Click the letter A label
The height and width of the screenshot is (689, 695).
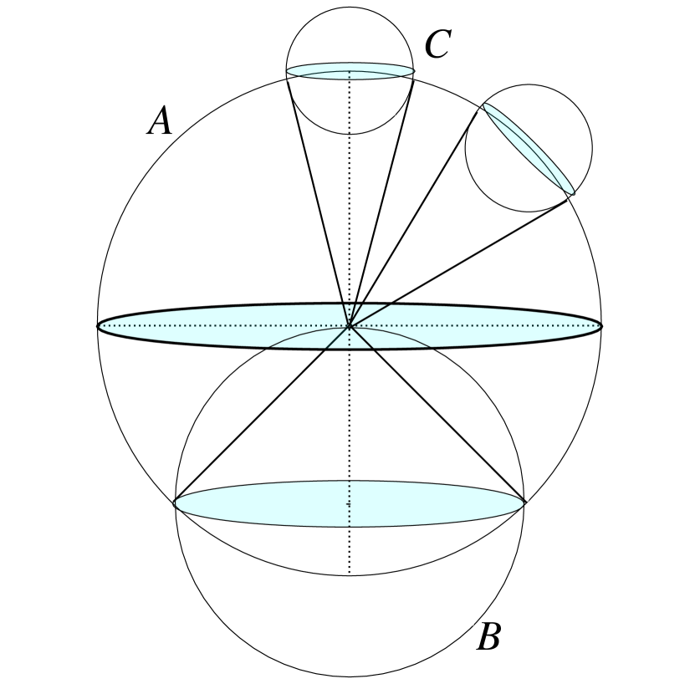(160, 123)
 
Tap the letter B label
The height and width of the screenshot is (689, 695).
(488, 638)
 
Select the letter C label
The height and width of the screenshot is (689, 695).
(437, 46)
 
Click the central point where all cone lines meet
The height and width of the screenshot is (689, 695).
(349, 325)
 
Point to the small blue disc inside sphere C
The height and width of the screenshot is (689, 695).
(350, 70)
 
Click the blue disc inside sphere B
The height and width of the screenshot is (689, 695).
(349, 503)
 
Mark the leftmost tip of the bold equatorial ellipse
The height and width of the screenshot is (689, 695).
(99, 325)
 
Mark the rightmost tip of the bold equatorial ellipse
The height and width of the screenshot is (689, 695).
(600, 325)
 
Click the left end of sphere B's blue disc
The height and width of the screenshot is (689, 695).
(174, 503)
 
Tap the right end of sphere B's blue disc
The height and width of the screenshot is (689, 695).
(524, 503)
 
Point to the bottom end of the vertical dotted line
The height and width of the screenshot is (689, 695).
(349, 574)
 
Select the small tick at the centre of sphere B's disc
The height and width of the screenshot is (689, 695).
(349, 503)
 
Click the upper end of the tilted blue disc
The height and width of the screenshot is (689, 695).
(483, 105)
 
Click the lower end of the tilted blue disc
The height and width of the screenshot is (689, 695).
(574, 194)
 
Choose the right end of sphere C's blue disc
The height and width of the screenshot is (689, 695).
(414, 70)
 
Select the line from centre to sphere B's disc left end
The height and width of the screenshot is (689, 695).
(261, 415)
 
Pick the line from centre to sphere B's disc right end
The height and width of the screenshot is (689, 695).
(437, 415)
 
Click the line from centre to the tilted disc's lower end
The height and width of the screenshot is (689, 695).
(461, 260)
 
